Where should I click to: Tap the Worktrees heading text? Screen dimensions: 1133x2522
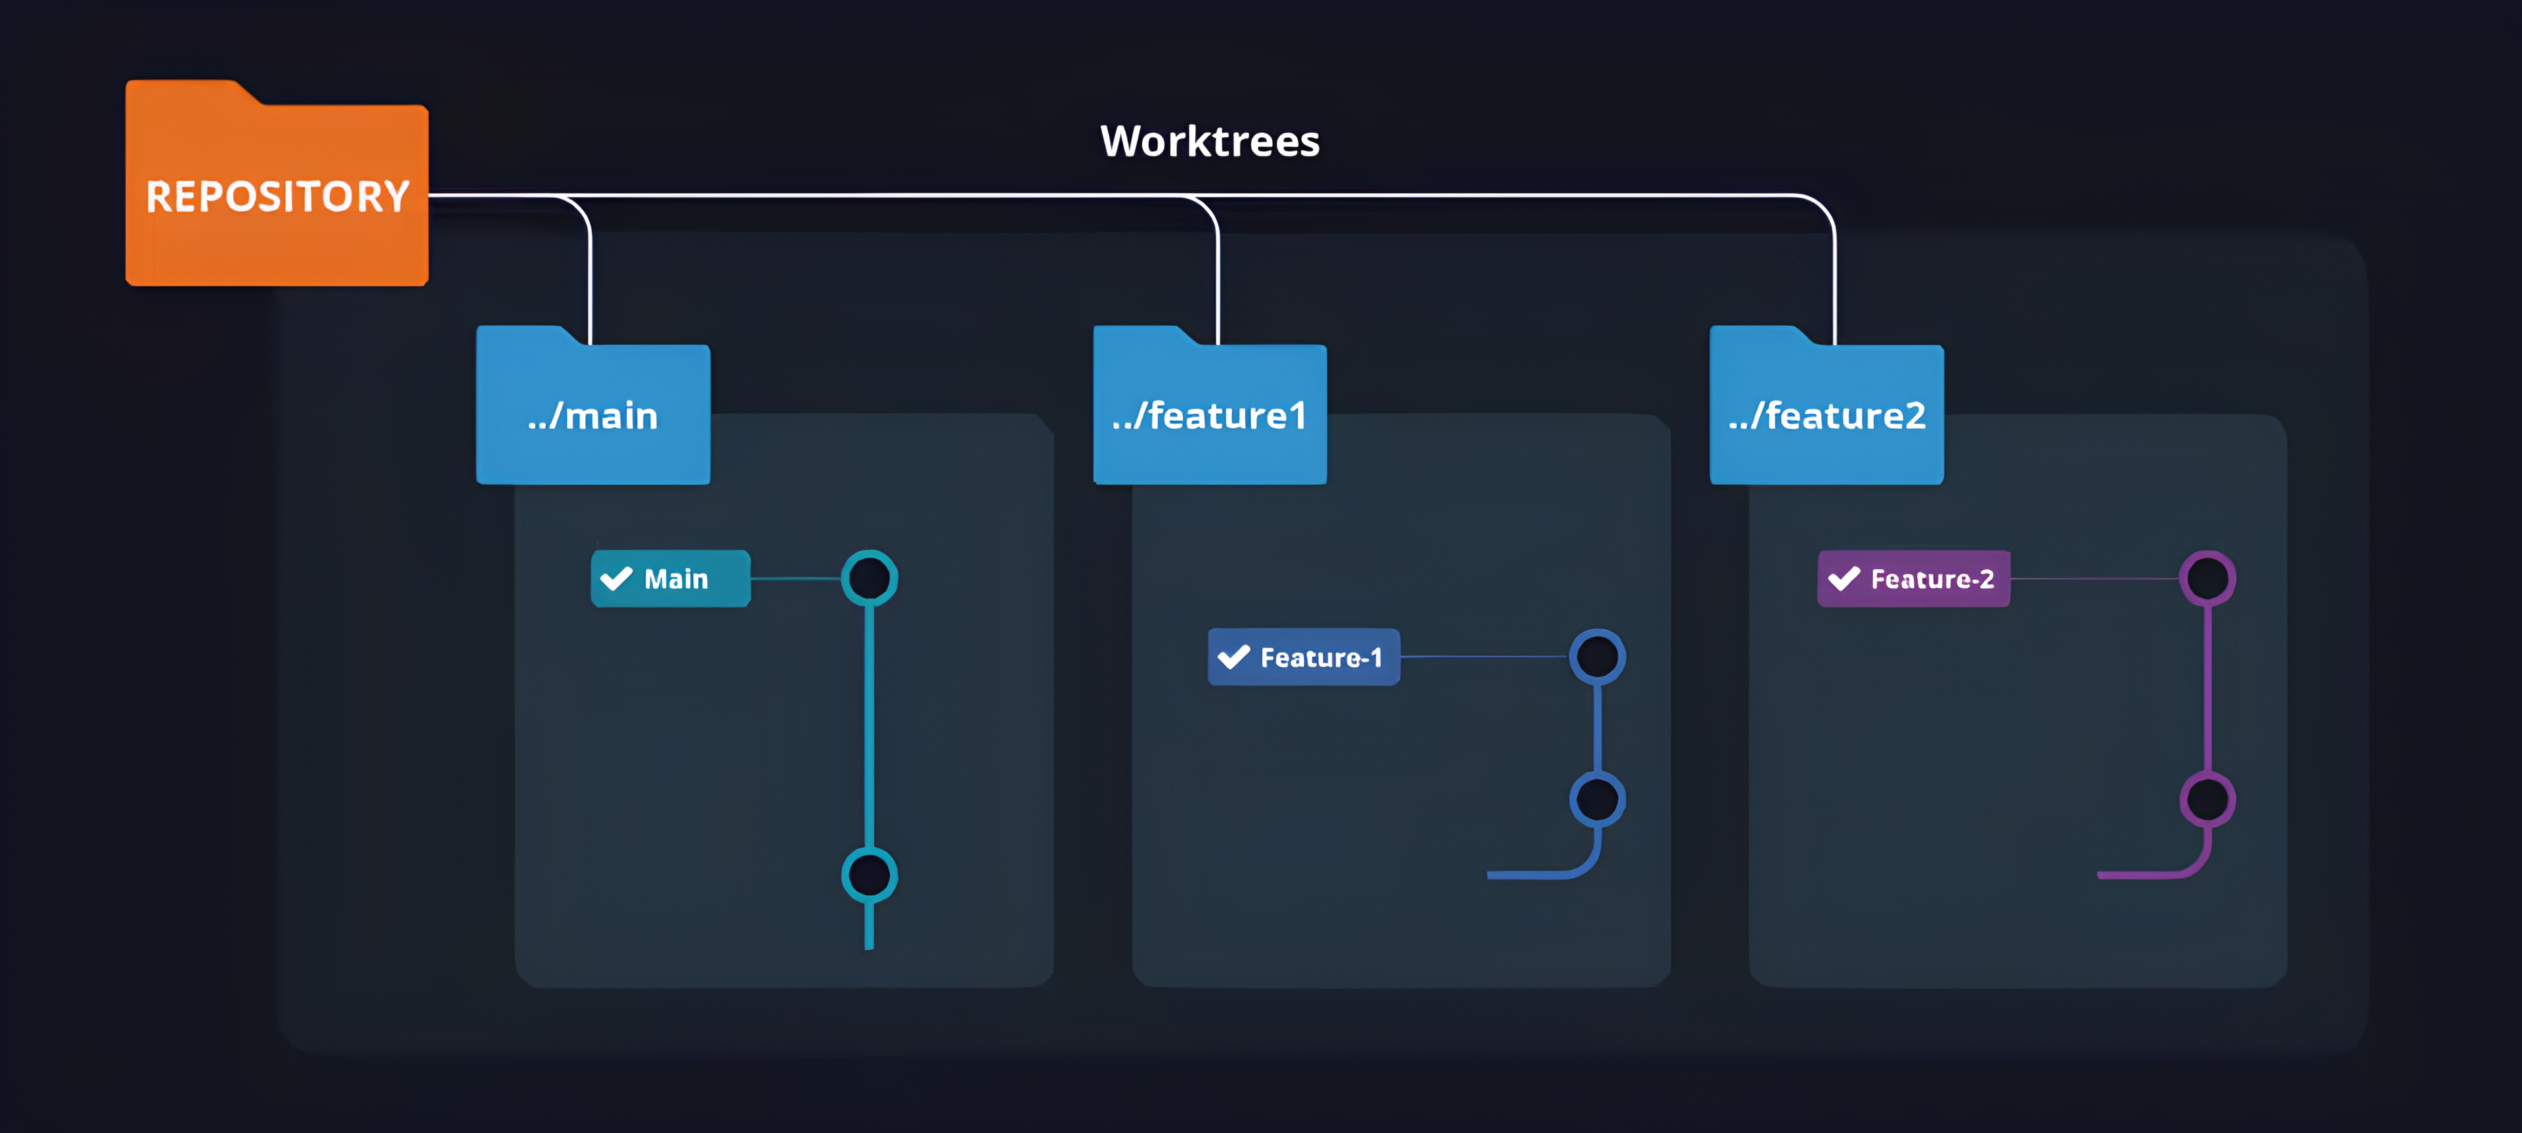[x=1209, y=142]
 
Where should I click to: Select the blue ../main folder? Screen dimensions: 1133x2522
[x=593, y=414]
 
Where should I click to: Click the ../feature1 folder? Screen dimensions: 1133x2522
[x=1210, y=414]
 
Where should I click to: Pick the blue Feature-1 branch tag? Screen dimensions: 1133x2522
[x=1304, y=657]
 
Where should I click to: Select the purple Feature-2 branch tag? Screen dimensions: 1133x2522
[x=1914, y=579]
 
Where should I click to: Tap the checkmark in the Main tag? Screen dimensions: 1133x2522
[x=617, y=579]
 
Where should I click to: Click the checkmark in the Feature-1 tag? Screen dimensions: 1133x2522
[x=1233, y=657]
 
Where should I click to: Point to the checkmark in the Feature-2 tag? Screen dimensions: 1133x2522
[x=1844, y=579]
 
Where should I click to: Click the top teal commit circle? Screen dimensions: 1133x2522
[x=870, y=579]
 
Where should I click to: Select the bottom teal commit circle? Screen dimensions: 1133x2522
[x=870, y=874]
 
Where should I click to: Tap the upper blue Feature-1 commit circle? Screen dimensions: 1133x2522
[x=1598, y=657]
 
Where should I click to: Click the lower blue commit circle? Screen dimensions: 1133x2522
[x=1598, y=799]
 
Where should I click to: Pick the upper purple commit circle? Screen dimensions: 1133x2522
[x=2207, y=579]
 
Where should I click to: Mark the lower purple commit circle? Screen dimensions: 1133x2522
[x=2207, y=799]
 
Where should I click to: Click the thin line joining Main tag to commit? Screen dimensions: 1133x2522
[x=795, y=579]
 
